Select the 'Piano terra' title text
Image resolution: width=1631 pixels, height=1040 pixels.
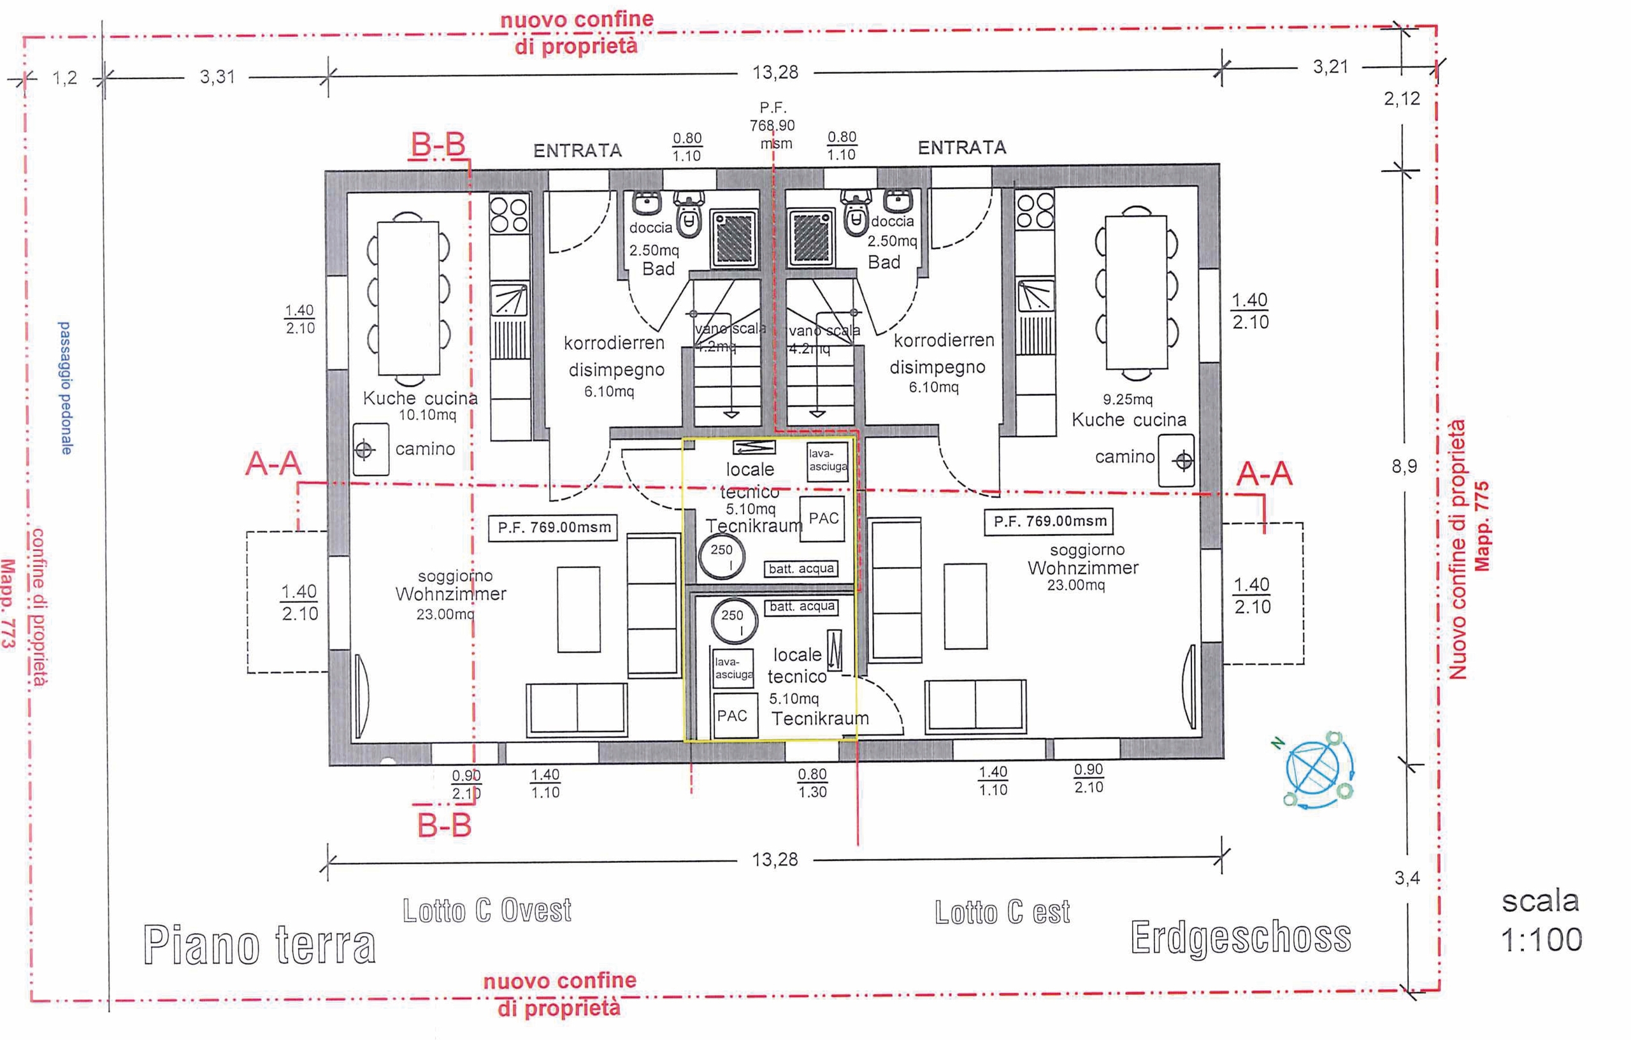259,944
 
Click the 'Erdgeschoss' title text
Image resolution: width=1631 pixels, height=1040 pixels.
1240,937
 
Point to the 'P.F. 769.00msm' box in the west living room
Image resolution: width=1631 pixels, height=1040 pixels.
554,527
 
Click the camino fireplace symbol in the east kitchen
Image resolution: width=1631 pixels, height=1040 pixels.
1176,461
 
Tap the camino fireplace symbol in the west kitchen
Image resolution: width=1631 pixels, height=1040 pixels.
371,449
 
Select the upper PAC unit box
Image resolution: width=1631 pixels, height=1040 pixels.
823,518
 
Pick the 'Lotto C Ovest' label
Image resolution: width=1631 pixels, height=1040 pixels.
487,911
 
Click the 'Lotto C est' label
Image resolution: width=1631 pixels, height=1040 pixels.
1002,913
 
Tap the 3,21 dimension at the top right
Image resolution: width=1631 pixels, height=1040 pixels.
1330,67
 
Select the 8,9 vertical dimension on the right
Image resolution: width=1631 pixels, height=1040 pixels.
1404,466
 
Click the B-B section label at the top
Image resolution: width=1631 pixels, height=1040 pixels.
438,144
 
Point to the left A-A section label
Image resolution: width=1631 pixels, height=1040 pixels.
273,464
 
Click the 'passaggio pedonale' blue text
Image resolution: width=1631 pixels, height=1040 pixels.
65,387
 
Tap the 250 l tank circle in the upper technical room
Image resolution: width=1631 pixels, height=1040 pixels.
721,557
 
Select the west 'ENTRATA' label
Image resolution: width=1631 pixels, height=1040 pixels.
577,150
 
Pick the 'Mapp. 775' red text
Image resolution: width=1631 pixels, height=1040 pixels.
1481,526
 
